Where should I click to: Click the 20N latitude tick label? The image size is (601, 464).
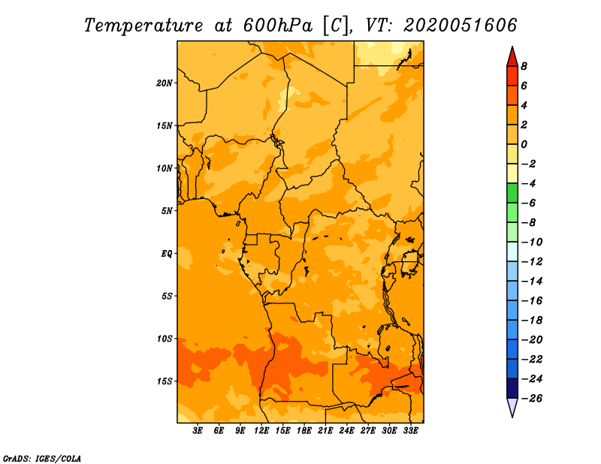point(165,83)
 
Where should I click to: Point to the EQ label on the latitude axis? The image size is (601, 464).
point(166,254)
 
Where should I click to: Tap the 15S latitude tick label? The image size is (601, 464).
point(165,381)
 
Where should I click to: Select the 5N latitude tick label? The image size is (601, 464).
point(167,211)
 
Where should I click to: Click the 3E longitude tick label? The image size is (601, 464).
point(198,431)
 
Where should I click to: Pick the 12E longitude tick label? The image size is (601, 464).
point(261,431)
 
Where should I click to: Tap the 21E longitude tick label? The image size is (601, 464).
point(325,431)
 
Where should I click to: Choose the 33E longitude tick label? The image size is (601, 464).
point(410,431)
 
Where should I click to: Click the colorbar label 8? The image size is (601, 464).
point(524,66)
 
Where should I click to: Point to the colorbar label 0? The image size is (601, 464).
point(524,144)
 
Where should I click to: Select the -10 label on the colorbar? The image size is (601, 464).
point(532,243)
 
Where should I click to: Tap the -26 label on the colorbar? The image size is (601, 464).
point(532,399)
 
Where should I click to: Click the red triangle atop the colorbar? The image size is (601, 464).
point(512,58)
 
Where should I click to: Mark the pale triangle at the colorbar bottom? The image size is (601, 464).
point(512,406)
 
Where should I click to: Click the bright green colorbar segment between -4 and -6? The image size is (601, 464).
point(512,193)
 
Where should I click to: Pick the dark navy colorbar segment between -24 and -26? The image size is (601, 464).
point(512,388)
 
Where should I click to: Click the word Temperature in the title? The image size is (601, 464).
point(143,26)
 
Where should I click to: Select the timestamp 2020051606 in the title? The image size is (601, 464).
point(461,26)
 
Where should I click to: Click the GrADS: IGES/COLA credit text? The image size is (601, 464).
point(42,458)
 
